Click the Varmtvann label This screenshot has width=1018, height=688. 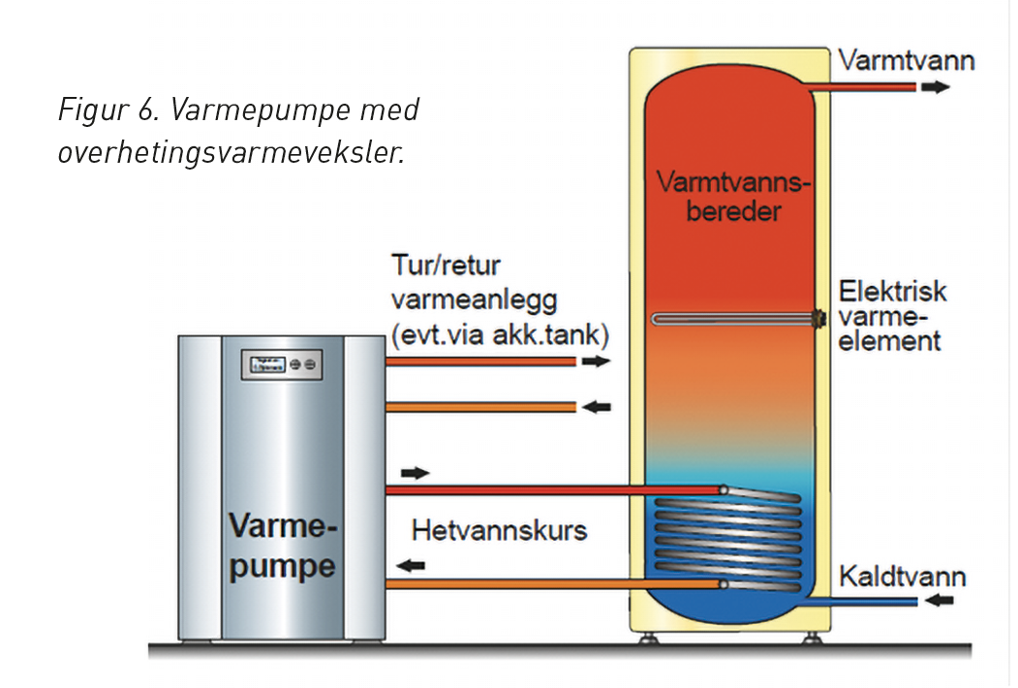[x=906, y=61]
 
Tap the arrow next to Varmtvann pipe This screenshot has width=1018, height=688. [x=935, y=86]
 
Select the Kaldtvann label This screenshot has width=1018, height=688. [x=902, y=578]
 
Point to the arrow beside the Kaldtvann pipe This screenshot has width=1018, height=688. [x=939, y=601]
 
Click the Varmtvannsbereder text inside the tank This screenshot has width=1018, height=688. [x=732, y=195]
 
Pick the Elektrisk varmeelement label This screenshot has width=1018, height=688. [x=891, y=316]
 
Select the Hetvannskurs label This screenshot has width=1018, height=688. [x=499, y=531]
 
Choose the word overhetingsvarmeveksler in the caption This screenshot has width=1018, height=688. [x=230, y=153]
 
